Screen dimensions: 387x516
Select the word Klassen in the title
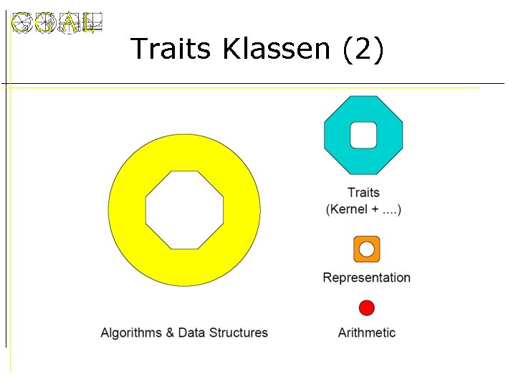pyautogui.click(x=277, y=49)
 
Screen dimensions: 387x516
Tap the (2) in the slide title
pyautogui.click(x=363, y=49)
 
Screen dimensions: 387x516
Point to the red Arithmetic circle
pyautogui.click(x=367, y=308)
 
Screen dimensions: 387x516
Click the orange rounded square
pyautogui.click(x=367, y=249)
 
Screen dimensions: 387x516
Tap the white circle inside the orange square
pyautogui.click(x=367, y=249)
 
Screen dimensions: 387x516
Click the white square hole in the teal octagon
pyautogui.click(x=363, y=135)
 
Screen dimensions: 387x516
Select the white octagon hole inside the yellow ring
pyautogui.click(x=185, y=210)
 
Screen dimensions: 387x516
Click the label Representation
pyautogui.click(x=367, y=277)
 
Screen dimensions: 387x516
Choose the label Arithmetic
pyautogui.click(x=367, y=333)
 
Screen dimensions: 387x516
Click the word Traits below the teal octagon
pyautogui.click(x=363, y=192)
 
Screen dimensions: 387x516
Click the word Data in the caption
pyautogui.click(x=191, y=333)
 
